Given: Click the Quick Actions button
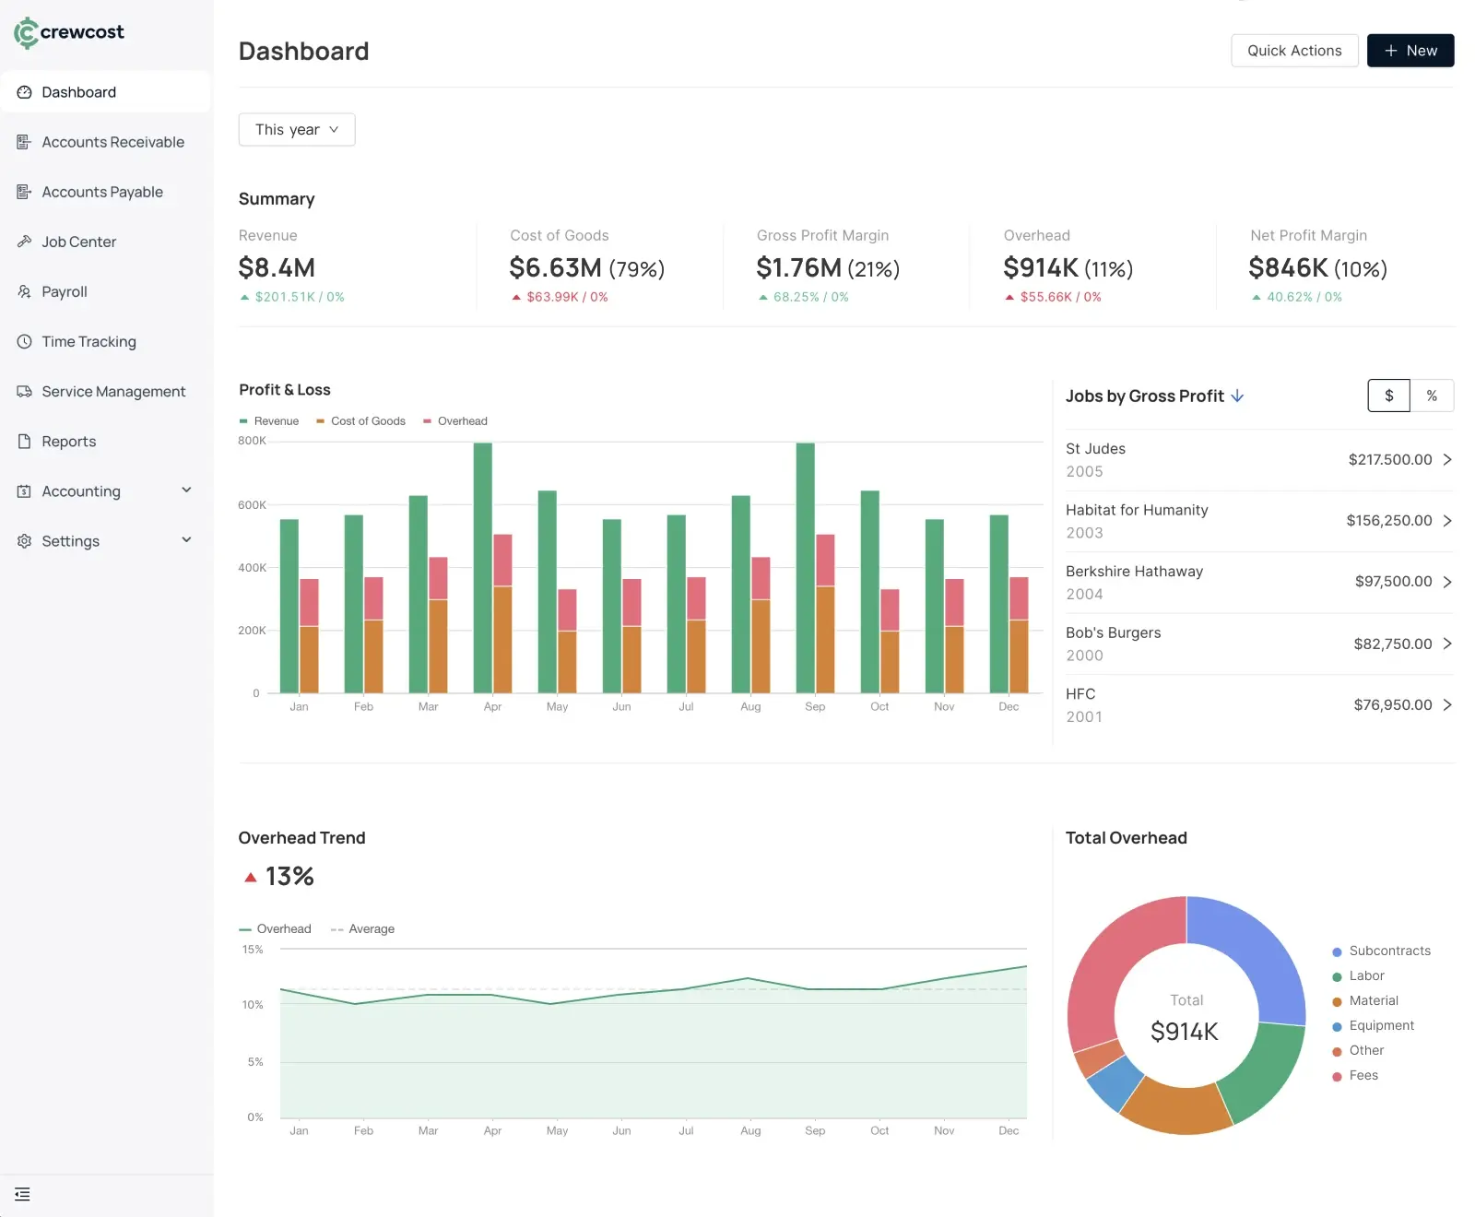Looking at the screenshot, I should coord(1293,51).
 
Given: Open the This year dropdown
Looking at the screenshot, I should coord(296,130).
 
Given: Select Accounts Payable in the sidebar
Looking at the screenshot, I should coord(101,192).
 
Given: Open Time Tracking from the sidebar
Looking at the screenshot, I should coord(88,341).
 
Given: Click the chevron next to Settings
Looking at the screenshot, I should coord(186,540).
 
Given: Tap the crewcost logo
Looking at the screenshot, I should coord(69,32).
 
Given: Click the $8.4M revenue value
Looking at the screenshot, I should coord(277,268).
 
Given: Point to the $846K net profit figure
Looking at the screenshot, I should coord(1288,268).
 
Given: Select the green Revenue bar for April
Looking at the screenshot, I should coord(482,567).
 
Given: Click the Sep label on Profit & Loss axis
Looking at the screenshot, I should coord(815,707).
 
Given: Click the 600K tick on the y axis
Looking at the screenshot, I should coord(252,505).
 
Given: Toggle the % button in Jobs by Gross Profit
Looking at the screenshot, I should coord(1431,396).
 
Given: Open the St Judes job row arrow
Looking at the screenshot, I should coord(1446,459).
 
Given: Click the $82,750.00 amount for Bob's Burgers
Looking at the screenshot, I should coord(1392,644).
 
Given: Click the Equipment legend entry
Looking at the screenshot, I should coord(1380,1025).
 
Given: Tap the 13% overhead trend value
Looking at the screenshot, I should coord(289,877).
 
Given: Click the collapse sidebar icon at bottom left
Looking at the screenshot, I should coord(23,1195).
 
